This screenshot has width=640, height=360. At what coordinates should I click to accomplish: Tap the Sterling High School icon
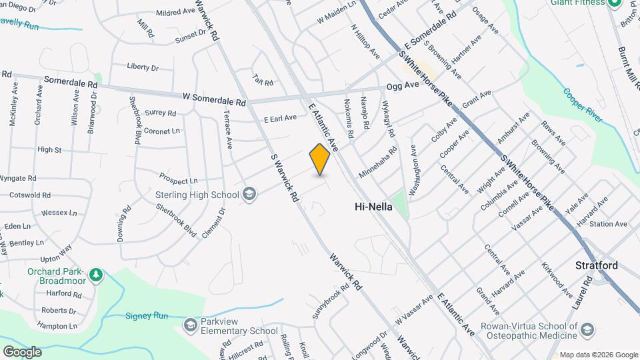pos(249,195)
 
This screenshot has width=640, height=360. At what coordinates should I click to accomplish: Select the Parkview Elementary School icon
pos(190,324)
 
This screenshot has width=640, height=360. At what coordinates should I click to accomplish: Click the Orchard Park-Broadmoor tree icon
pos(96,274)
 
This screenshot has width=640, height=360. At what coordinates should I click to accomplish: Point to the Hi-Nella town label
pos(372,208)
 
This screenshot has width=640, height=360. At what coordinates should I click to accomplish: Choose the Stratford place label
pos(597,265)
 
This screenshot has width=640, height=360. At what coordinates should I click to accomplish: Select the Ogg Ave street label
pos(403,85)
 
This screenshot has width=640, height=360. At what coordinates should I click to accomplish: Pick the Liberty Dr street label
pos(143,67)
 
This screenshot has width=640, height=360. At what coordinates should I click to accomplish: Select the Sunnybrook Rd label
pos(330,301)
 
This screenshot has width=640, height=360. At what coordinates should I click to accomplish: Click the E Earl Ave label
pos(280,119)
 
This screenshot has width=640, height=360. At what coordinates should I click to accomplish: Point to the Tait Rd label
pos(263,80)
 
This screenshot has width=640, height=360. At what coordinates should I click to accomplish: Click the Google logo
pos(22,351)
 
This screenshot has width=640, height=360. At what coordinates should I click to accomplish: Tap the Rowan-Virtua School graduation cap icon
pos(587,331)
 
